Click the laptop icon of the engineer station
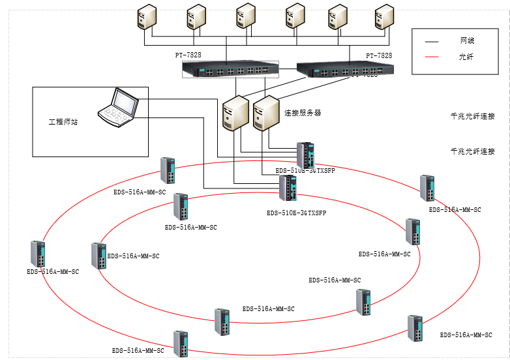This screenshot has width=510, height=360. [x=119, y=105]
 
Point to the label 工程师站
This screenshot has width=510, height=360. [x=63, y=122]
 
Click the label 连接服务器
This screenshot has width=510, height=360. [x=303, y=113]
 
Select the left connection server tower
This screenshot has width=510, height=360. [x=235, y=113]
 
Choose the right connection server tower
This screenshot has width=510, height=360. [x=266, y=113]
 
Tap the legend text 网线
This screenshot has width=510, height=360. [x=467, y=41]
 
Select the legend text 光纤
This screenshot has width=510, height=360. [x=467, y=57]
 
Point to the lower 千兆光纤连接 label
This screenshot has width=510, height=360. [x=472, y=151]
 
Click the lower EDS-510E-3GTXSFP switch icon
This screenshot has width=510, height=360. [x=288, y=188]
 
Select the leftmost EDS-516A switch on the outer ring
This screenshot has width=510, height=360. [x=38, y=254]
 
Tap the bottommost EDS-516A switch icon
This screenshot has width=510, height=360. [x=181, y=344]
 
